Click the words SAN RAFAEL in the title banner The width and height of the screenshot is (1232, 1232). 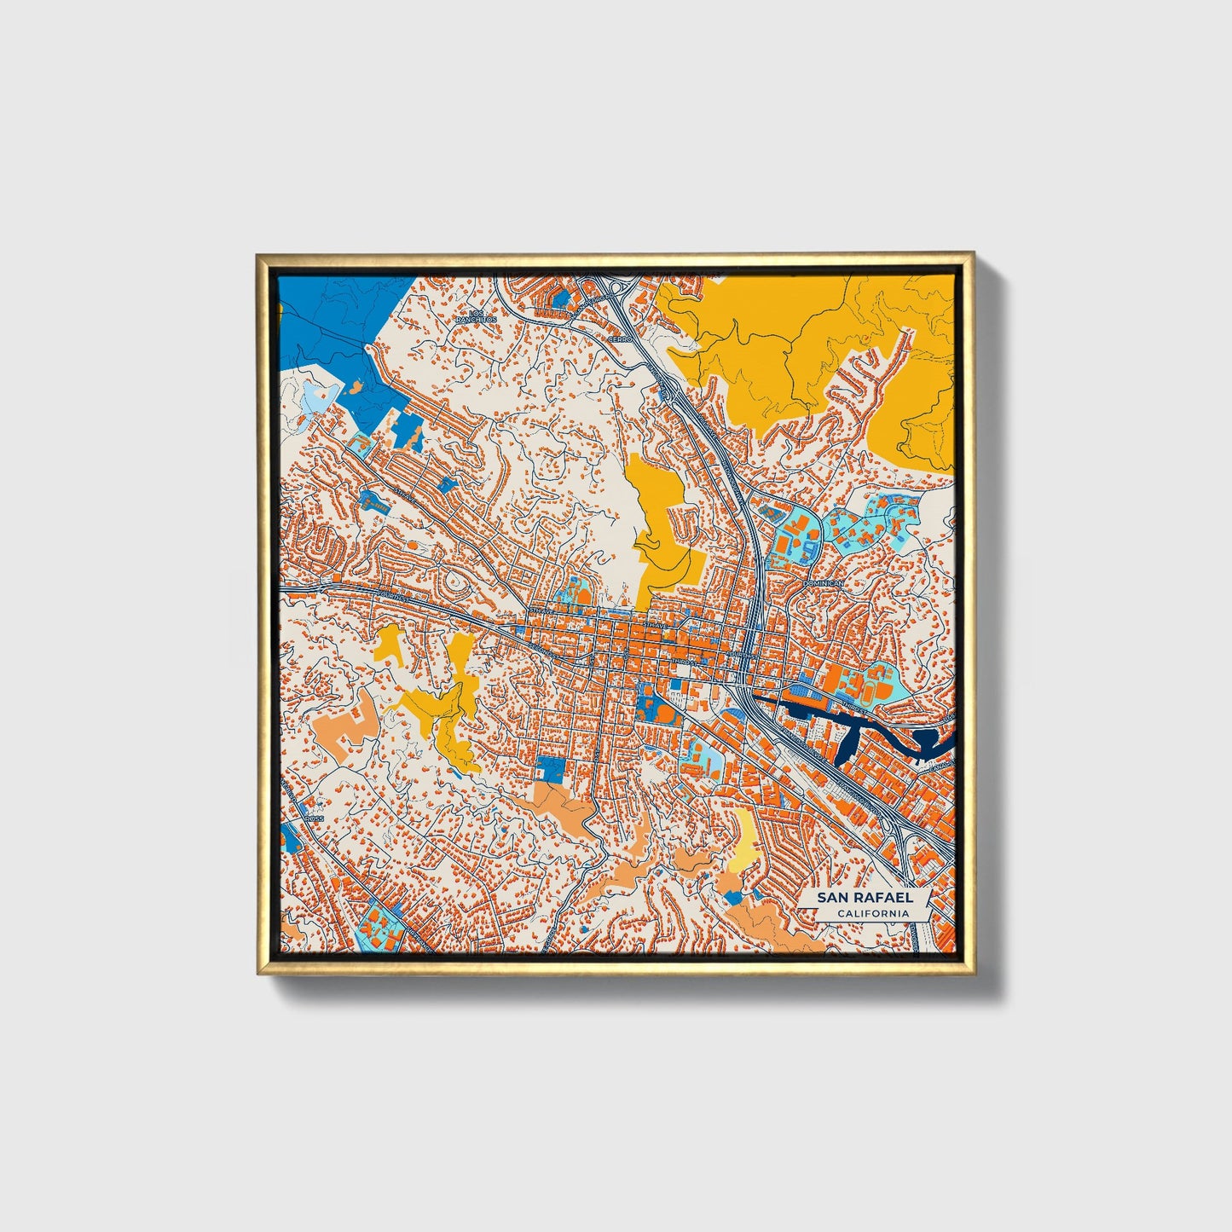pos(865,897)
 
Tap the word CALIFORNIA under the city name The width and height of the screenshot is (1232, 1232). pos(871,914)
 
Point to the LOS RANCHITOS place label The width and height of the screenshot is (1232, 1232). pos(475,316)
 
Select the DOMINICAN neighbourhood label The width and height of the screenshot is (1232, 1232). pos(823,583)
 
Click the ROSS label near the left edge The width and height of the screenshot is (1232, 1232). pos(315,818)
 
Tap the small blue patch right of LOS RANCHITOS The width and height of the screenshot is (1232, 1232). pos(560,298)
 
